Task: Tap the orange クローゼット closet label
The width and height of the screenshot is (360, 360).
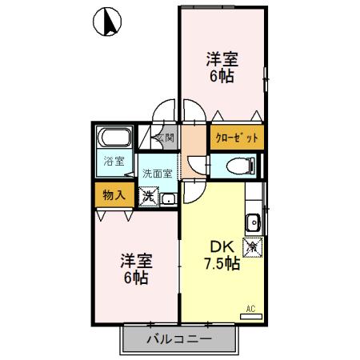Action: pyautogui.click(x=238, y=138)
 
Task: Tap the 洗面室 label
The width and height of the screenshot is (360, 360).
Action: pyautogui.click(x=157, y=173)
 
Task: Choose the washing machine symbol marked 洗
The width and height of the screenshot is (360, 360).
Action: pyautogui.click(x=149, y=196)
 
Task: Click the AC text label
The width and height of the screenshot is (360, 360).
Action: pyautogui.click(x=250, y=308)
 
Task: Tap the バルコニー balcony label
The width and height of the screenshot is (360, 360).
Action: pyautogui.click(x=179, y=338)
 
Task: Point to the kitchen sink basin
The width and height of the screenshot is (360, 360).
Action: pyautogui.click(x=253, y=222)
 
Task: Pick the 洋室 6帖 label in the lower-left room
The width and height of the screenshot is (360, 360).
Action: pyautogui.click(x=136, y=270)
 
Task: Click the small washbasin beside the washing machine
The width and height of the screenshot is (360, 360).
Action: pyautogui.click(x=169, y=198)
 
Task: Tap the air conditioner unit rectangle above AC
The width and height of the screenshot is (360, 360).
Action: pyautogui.click(x=250, y=317)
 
